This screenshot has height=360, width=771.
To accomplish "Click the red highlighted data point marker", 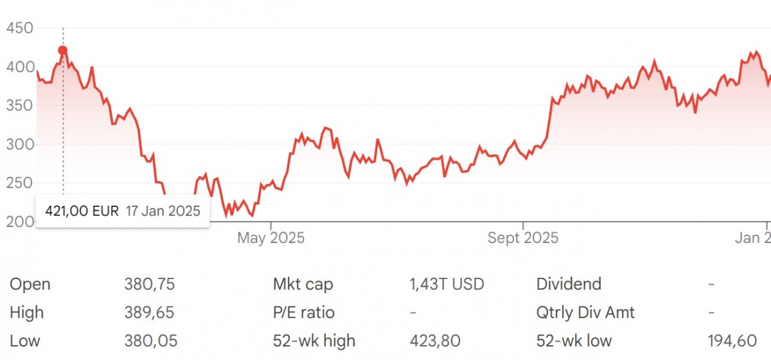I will pos(62,50).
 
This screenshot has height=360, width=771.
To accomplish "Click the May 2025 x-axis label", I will pos(270,239).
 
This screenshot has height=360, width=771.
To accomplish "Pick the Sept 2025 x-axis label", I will pos(523,239).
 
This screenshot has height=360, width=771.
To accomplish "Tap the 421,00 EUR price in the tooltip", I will pos(82,211).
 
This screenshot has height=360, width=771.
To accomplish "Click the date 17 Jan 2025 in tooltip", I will pos(163,211).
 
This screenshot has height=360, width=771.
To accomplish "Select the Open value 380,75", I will pos(149,284).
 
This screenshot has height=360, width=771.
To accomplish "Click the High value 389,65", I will pos(149,312).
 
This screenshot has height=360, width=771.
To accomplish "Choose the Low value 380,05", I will pos(149,341).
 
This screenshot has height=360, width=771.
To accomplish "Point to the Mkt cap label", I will pos(303,284).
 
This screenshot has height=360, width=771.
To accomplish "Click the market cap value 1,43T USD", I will pos(446,284).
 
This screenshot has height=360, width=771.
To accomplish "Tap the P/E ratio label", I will pos(304,312).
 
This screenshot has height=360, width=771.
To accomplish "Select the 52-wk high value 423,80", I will pos(434,341).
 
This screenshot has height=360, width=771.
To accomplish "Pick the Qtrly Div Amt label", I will pos(585,312).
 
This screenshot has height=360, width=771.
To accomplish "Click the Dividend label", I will pos(569,284).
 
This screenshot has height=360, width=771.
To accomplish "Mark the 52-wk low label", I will pos(574,341).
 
